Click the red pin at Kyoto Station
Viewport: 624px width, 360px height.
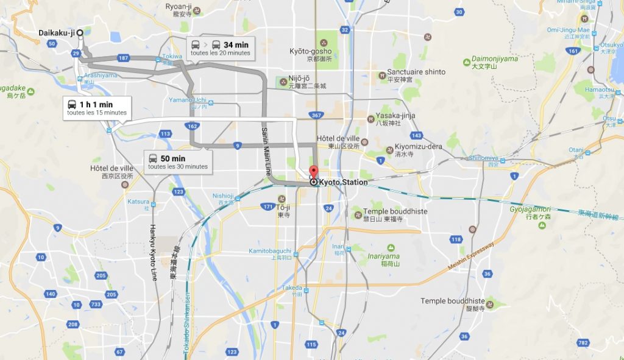click(314, 172)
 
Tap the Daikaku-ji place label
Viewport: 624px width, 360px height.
click(56, 32)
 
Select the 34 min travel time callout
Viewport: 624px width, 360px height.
click(219, 48)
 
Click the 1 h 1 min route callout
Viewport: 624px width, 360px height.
click(96, 108)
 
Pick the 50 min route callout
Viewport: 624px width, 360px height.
click(178, 161)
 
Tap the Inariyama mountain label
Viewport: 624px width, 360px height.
click(384, 256)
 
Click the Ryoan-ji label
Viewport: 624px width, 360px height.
click(179, 6)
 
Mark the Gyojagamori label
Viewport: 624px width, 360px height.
click(530, 209)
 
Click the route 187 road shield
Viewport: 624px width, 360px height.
click(124, 58)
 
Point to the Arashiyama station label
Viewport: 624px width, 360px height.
click(100, 76)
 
